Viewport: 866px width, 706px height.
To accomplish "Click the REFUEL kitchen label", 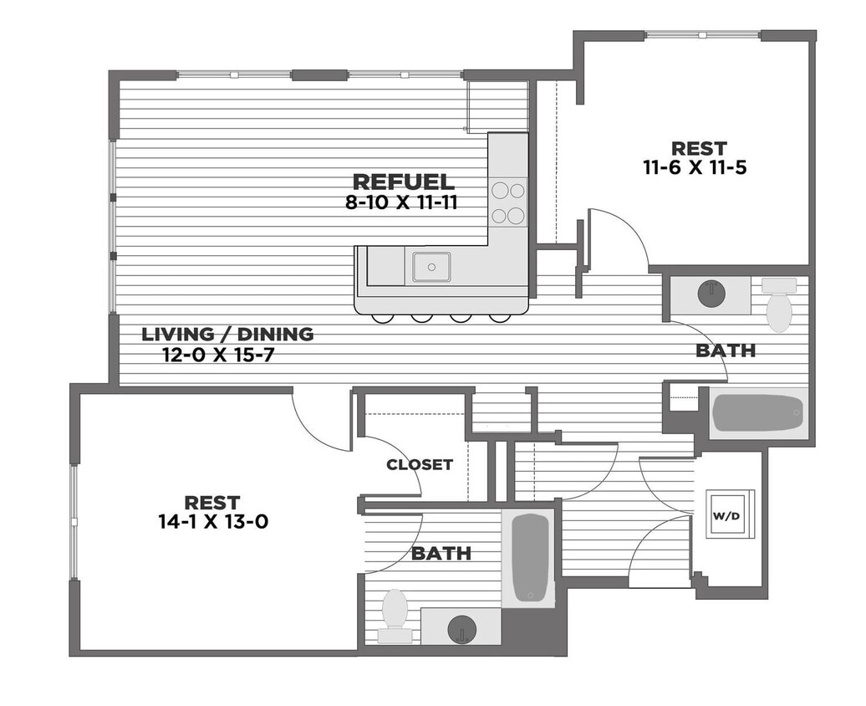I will pos(404,182).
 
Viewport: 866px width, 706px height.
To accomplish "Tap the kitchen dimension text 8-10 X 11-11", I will pos(401,202).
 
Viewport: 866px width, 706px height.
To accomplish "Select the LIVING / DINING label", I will pos(227,335).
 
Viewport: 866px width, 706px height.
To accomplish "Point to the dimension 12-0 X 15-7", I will pos(218,354).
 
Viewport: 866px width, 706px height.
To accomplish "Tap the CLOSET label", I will pos(420,465).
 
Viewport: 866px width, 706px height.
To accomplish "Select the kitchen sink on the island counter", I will pos(431,267).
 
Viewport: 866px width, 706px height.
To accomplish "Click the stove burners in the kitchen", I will pos(508,203).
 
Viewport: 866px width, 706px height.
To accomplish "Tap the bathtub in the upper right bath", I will pos(758,412).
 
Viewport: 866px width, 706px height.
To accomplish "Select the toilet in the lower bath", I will pos(395,615).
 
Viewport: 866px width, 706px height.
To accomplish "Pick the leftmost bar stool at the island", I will pos(382,318).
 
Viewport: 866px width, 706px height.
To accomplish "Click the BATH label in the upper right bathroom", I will pos(726,350).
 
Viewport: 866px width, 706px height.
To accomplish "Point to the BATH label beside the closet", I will pos(441,553).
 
